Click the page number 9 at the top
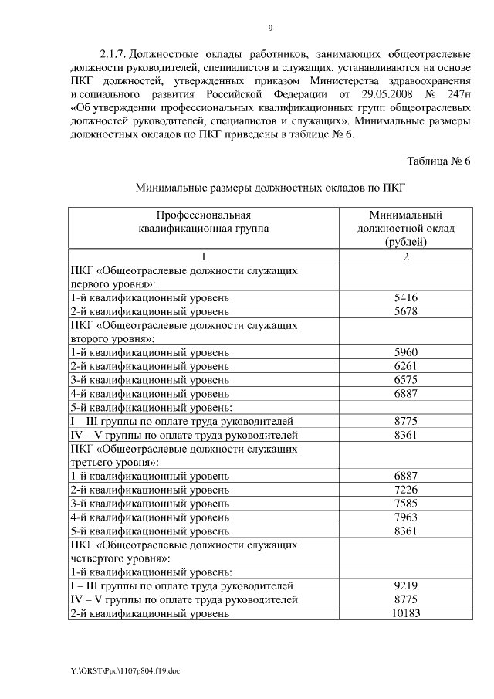[x=270, y=29]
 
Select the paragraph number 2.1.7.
[x=113, y=55]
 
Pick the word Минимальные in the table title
[x=170, y=187]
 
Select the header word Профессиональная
[x=205, y=215]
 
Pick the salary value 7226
[x=405, y=490]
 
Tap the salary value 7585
[x=405, y=504]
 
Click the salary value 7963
[x=405, y=517]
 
